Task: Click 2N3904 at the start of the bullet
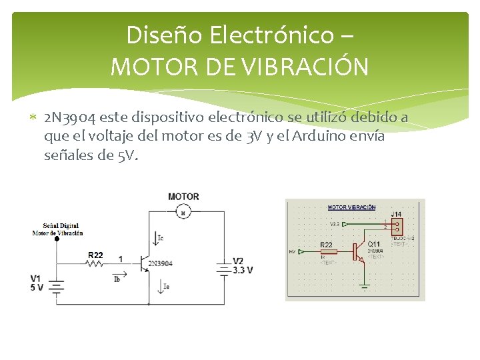point(69,119)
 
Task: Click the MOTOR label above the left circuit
point(183,197)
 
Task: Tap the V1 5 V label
point(37,283)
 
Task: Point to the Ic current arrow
point(157,237)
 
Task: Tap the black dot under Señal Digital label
point(57,239)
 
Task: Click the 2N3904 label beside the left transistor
point(160,263)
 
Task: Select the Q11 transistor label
point(374,244)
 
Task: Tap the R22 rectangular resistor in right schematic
point(329,252)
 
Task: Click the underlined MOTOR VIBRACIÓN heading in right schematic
point(351,207)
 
